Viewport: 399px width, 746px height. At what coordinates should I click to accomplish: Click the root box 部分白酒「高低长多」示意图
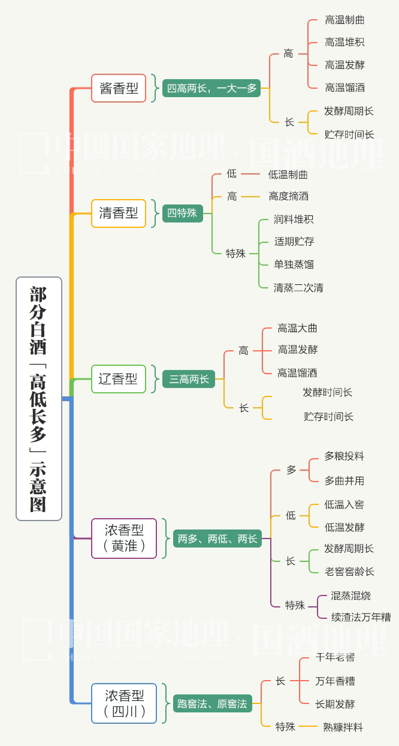tap(39, 399)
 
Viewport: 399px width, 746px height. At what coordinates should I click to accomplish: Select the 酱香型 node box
tap(119, 88)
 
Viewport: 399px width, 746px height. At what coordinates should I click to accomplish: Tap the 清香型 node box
tap(119, 213)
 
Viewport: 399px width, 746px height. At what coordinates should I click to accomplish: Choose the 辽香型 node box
tap(119, 379)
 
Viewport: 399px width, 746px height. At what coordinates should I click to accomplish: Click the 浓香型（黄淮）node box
tap(124, 538)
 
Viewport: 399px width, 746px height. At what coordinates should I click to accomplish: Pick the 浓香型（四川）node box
tap(124, 703)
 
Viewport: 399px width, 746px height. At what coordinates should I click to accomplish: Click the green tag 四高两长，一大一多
tap(211, 88)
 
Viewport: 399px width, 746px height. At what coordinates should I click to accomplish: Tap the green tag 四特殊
tap(182, 213)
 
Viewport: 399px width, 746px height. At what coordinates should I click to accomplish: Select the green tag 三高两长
tap(189, 379)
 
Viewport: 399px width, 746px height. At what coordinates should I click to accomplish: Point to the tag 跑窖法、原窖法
tap(212, 703)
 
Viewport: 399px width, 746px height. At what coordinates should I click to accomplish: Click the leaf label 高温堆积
tap(344, 42)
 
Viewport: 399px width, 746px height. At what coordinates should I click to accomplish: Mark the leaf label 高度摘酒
tap(288, 196)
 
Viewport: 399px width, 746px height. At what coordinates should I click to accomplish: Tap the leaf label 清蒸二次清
tap(298, 288)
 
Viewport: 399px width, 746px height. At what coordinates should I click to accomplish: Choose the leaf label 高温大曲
tap(297, 328)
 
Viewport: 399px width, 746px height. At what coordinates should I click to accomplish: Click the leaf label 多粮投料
tap(344, 456)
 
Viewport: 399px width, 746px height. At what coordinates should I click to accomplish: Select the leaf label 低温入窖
tap(344, 505)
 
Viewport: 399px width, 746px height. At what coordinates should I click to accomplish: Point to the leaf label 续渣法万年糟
tap(361, 616)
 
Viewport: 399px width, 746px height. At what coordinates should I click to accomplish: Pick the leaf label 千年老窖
tap(335, 657)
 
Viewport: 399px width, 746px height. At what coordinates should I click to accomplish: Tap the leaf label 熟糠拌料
tap(343, 727)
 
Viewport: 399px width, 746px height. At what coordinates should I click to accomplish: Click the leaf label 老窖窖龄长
tap(349, 571)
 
